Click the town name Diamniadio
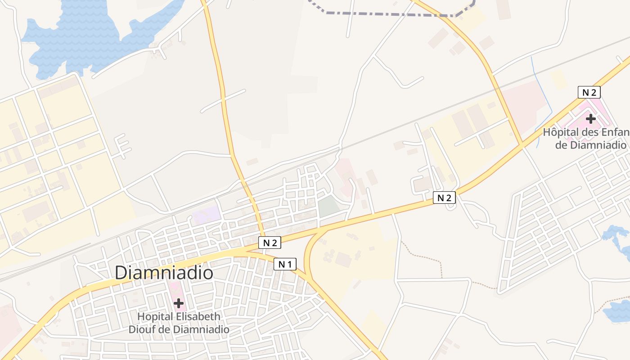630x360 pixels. coord(164,273)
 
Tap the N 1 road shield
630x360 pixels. coord(285,264)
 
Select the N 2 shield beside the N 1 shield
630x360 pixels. coord(270,243)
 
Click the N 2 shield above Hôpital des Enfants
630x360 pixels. coord(589,92)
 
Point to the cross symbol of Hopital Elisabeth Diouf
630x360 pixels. coord(179,303)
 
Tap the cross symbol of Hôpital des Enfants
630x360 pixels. coord(591,119)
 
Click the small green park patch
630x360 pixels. coord(328,206)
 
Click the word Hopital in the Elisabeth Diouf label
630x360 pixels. coord(155,316)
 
